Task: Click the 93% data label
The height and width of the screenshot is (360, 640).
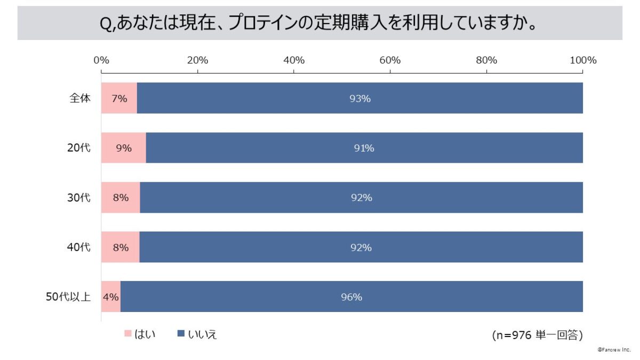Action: [360, 99]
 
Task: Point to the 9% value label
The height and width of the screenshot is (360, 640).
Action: [124, 148]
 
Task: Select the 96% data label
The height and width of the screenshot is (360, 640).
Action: [351, 297]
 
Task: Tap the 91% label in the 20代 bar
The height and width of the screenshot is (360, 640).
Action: [364, 148]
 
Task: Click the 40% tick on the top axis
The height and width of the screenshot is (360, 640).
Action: [294, 60]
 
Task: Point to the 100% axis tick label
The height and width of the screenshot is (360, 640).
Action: [582, 60]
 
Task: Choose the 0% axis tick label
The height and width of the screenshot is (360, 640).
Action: [101, 60]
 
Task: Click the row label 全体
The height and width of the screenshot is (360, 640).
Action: [81, 99]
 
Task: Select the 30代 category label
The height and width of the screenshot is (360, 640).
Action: [79, 198]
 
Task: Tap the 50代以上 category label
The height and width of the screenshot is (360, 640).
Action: [68, 297]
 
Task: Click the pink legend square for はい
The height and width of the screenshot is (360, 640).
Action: [127, 334]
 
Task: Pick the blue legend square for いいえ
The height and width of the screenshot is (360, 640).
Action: [180, 334]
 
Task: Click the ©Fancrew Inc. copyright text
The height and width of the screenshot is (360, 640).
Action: [614, 350]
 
